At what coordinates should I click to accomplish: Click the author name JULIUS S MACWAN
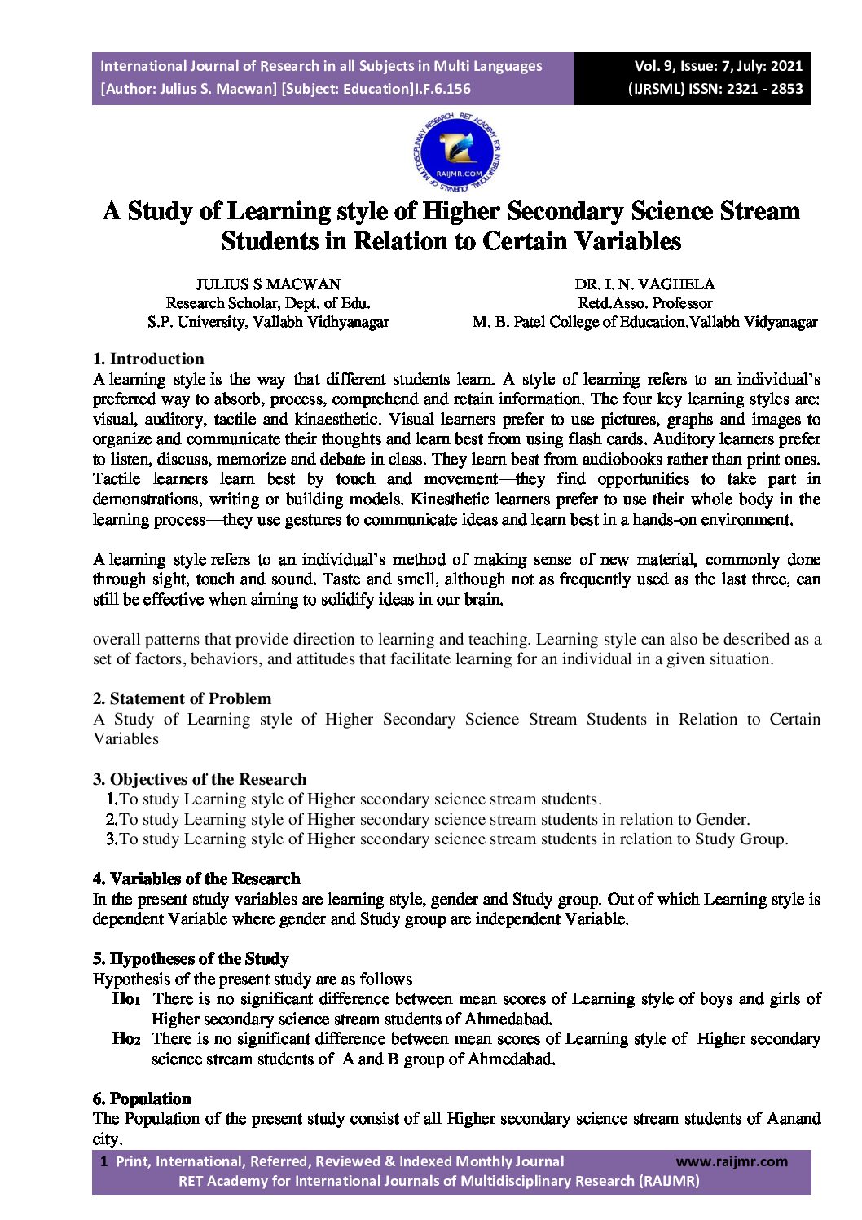[268, 284]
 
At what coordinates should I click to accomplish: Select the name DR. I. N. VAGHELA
[644, 284]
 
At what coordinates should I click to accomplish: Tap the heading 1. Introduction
[148, 359]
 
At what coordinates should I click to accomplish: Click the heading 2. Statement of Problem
[182, 698]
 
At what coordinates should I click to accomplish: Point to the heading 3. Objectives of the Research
[200, 779]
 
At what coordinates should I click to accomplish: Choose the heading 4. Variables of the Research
[196, 879]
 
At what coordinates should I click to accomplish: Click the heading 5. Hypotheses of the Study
[191, 958]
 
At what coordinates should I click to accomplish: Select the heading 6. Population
[142, 1099]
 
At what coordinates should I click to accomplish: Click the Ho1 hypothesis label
[126, 999]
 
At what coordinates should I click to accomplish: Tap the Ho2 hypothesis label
[126, 1039]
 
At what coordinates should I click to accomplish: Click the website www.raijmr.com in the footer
[732, 1161]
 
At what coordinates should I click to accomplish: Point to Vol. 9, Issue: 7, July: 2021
[718, 66]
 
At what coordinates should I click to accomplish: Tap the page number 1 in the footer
[103, 1161]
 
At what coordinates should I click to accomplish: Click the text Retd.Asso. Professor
[644, 303]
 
